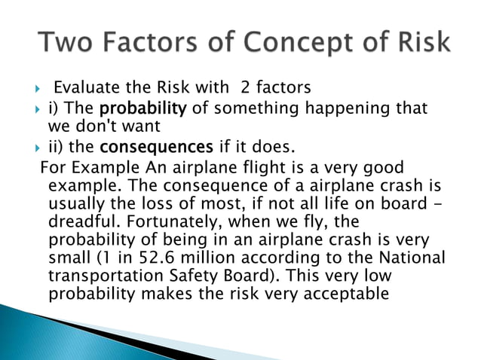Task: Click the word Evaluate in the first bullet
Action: pyautogui.click(x=85, y=90)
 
